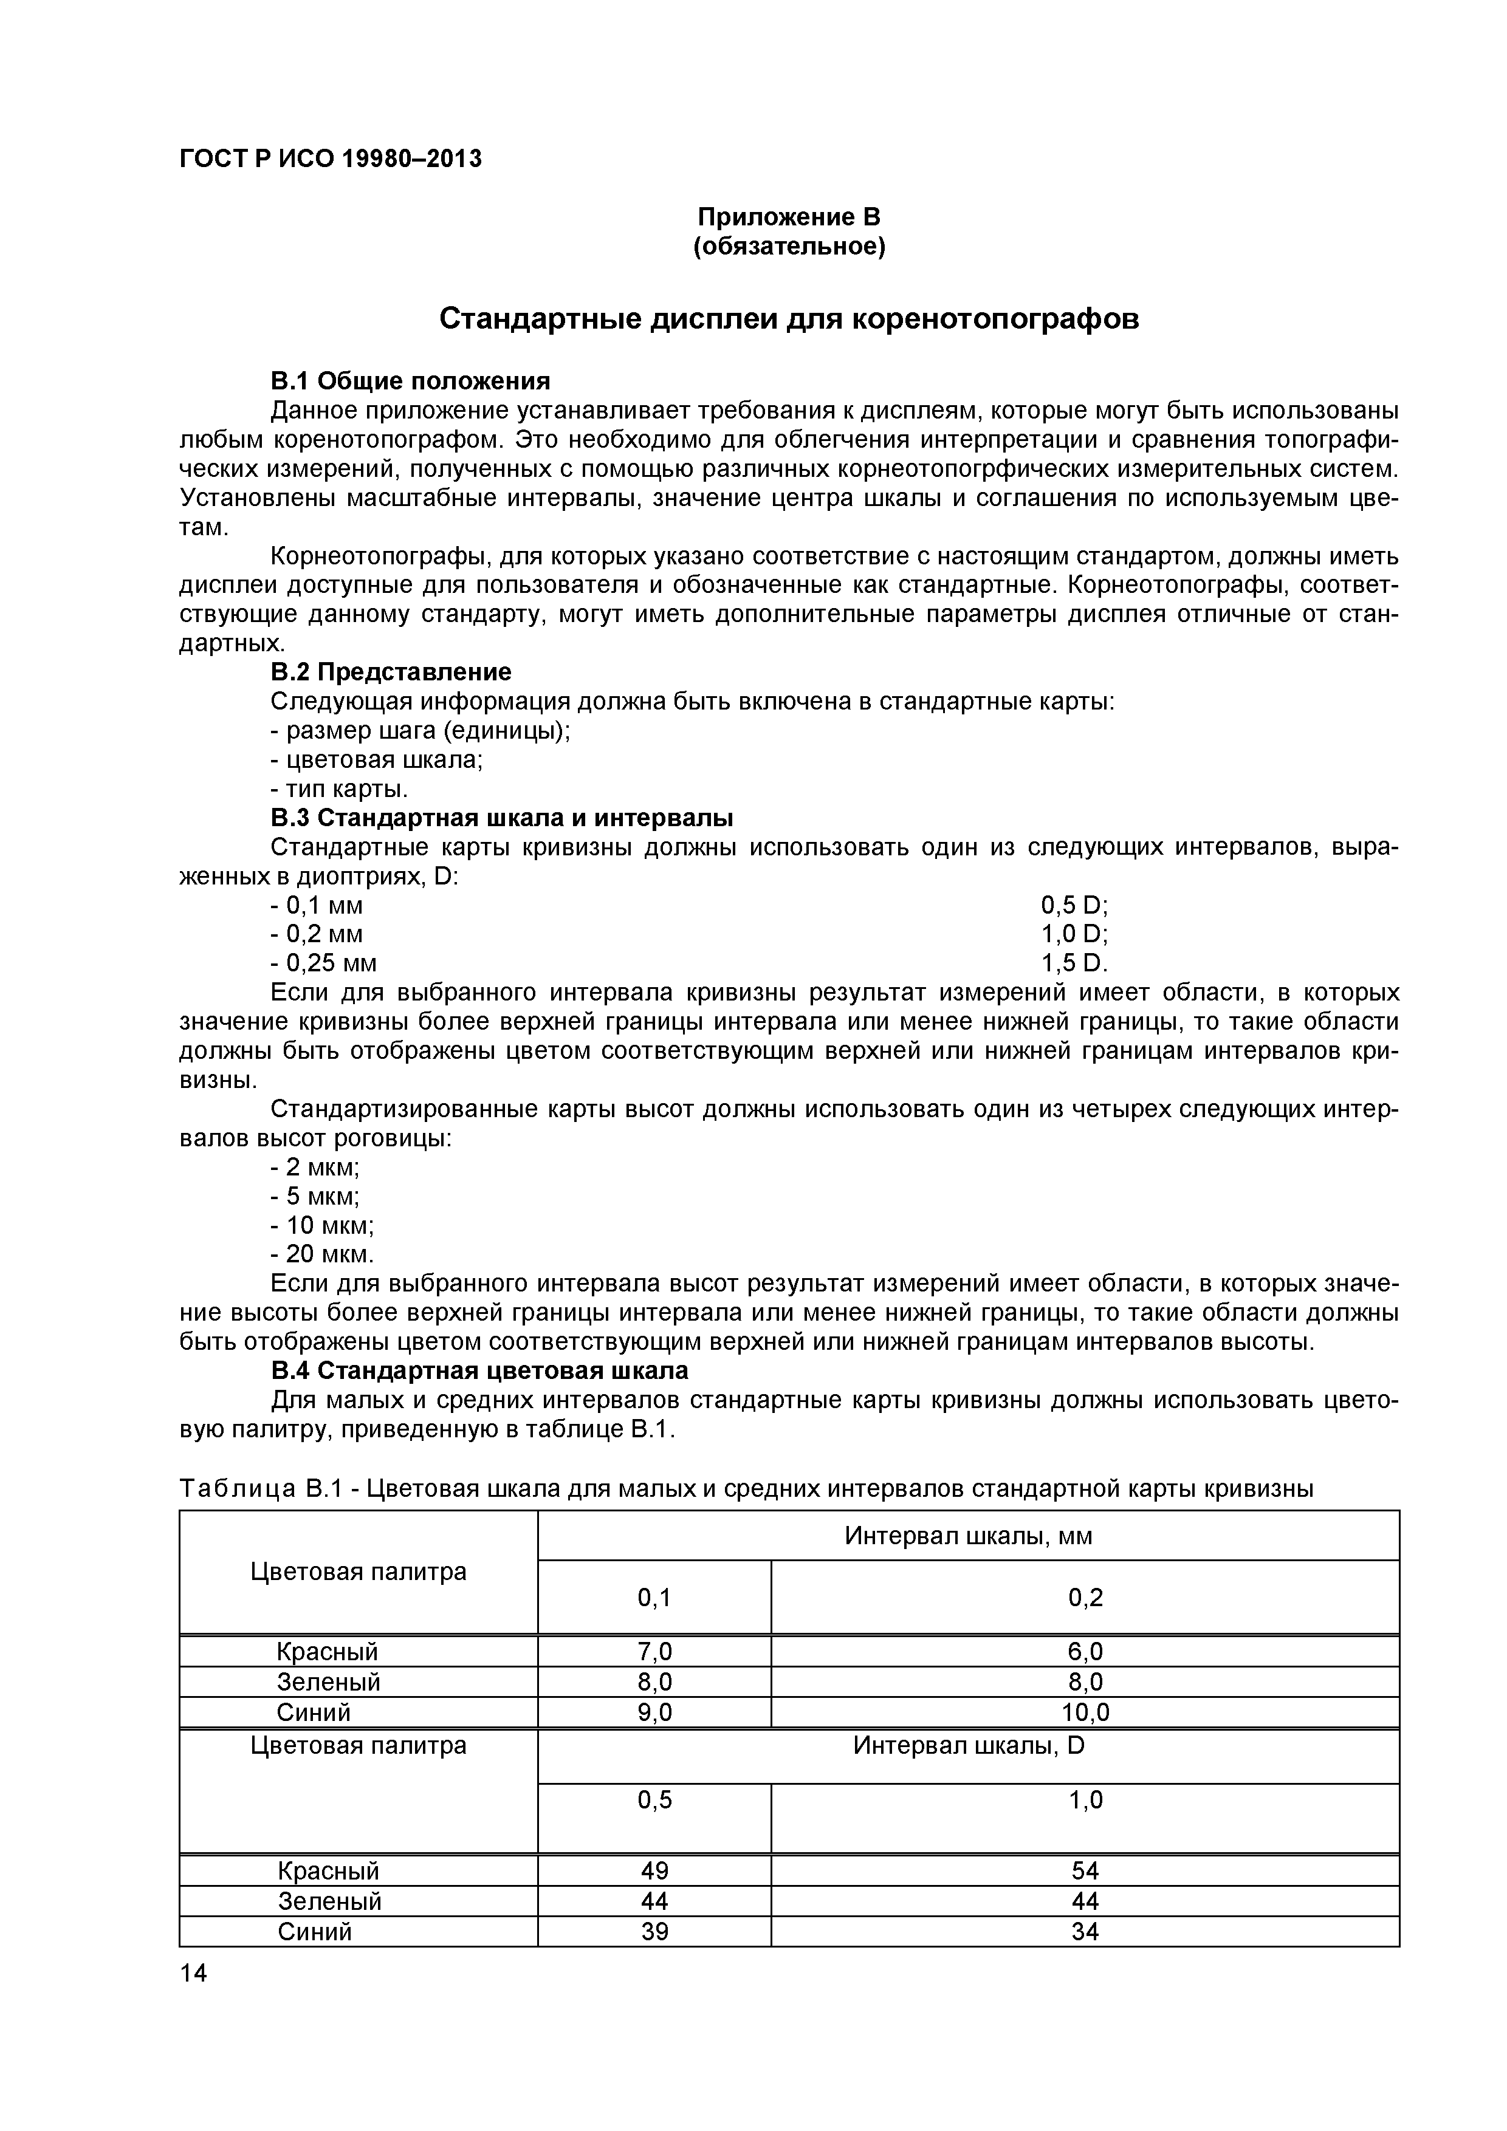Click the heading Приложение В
788,217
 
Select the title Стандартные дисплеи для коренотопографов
788,320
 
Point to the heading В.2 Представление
390,672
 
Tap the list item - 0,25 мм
323,962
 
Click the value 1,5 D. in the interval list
1074,962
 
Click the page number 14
194,1973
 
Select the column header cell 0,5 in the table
654,1801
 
